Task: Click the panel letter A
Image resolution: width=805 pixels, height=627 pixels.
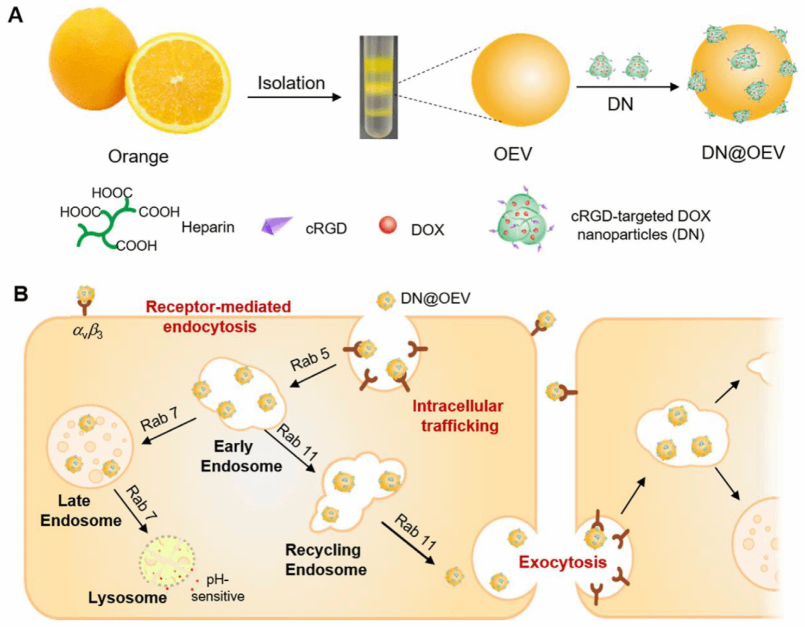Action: point(15,14)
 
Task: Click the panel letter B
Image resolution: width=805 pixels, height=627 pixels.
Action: point(21,294)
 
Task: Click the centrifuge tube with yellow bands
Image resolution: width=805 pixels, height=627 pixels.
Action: point(378,87)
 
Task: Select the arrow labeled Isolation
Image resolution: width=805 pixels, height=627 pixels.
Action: point(294,97)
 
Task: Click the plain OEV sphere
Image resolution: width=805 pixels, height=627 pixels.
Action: point(520,80)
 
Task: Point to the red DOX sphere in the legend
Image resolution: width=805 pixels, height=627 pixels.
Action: point(388,225)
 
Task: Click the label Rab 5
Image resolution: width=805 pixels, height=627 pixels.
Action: point(310,359)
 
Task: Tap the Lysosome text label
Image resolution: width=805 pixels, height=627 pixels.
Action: point(128,597)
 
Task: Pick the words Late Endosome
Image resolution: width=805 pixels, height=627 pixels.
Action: point(80,510)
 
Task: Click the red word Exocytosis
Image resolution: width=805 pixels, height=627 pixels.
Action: point(562,562)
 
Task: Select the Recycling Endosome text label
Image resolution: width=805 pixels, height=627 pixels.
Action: point(326,560)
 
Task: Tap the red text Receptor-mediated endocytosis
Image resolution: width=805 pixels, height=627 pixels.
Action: point(218,316)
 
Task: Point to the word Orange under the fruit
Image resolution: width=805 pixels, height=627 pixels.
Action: point(138,156)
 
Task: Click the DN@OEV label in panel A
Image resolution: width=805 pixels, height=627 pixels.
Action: point(743,153)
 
